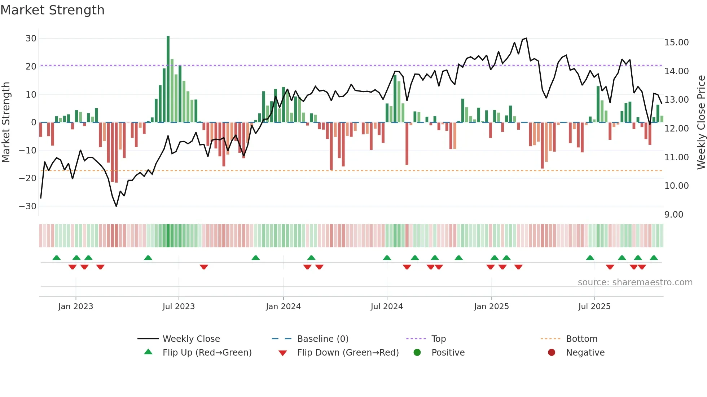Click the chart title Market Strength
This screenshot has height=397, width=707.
click(52, 10)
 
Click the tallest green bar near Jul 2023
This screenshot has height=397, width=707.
click(168, 79)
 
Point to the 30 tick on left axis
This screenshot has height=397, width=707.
click(31, 39)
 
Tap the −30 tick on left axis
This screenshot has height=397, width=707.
click(28, 206)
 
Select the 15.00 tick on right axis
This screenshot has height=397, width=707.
click(676, 43)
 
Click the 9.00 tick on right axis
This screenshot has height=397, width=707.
click(673, 215)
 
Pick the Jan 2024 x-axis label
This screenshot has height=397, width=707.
click(283, 307)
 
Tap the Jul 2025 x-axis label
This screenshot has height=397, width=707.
click(594, 307)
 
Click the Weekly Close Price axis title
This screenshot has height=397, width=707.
click(701, 122)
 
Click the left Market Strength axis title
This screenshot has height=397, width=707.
click(6, 122)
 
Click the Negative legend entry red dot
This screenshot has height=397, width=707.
click(552, 353)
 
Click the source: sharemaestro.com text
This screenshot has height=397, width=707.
click(635, 282)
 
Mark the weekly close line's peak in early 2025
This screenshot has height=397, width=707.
click(526, 38)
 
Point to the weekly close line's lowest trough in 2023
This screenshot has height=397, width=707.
click(116, 206)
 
